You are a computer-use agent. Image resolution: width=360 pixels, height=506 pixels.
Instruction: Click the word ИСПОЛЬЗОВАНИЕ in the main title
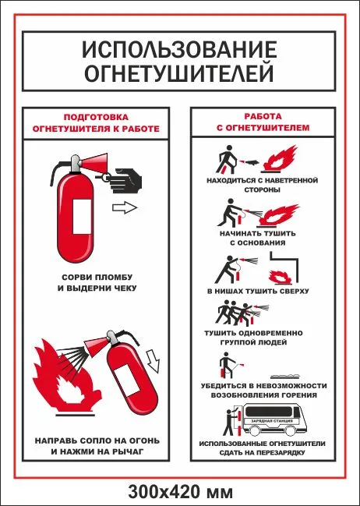[x=179, y=49]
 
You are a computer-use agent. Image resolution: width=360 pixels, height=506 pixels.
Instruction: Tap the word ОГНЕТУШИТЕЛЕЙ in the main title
[x=179, y=73]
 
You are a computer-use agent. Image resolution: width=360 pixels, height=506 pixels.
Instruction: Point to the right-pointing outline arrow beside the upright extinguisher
[x=125, y=207]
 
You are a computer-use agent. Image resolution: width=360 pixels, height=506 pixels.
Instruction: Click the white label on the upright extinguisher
[x=82, y=217]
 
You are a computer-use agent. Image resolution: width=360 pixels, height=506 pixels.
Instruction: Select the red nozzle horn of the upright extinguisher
[x=94, y=162]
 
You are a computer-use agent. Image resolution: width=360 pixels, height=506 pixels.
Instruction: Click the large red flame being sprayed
[x=67, y=375]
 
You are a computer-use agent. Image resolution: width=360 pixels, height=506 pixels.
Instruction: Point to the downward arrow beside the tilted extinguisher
[x=154, y=361]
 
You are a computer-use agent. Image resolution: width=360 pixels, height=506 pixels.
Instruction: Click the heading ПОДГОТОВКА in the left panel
[x=96, y=117]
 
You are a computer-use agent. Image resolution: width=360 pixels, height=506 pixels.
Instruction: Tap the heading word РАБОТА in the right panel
[x=263, y=116]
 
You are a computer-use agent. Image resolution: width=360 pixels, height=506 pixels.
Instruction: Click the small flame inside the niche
[x=281, y=278]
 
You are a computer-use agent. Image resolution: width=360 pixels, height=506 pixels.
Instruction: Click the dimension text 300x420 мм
[x=180, y=493]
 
